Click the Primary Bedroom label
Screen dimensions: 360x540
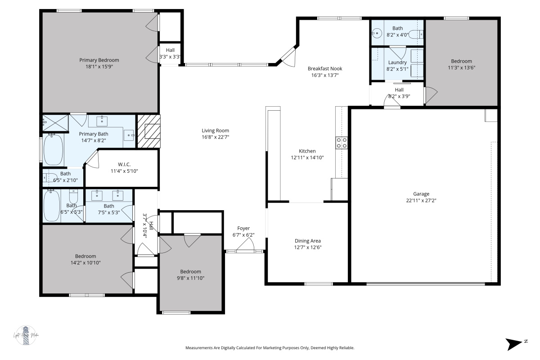[x=99, y=60]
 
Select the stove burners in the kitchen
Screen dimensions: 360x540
[x=342, y=143]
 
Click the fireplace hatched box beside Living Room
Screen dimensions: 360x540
[x=148, y=131]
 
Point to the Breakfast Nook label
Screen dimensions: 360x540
[x=325, y=68]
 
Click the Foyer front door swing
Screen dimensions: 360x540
[x=245, y=245]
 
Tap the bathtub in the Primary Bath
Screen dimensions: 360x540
[x=53, y=149]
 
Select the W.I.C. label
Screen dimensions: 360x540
[x=124, y=164]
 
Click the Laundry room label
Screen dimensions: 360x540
[x=397, y=63]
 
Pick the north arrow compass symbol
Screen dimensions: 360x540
[x=514, y=344]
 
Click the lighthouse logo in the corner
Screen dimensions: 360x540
[x=26, y=336]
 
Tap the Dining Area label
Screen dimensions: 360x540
[x=308, y=241]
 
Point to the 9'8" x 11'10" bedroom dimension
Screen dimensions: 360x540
[x=191, y=278]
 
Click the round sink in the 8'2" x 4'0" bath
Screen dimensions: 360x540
[x=377, y=33]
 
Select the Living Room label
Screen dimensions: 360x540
[x=215, y=130]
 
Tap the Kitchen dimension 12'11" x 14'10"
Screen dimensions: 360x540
[x=307, y=157]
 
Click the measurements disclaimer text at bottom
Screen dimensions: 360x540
[x=270, y=348]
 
